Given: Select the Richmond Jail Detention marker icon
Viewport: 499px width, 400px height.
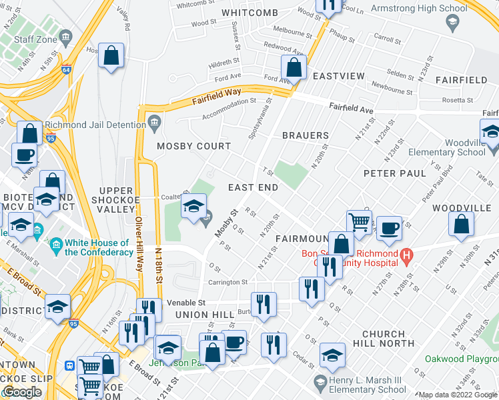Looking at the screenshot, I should coord(155,123).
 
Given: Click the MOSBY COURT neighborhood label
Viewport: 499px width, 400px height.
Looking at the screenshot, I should coord(193,146).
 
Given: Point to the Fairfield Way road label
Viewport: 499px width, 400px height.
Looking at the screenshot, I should coord(216,95).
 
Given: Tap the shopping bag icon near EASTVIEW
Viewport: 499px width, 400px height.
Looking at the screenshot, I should coord(294,67).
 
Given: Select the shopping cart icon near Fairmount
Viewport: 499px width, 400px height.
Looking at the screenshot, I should coord(359,222).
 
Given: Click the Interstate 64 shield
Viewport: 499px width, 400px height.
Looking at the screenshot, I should coord(65,69).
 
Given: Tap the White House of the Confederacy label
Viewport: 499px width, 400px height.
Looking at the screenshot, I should coord(97,248).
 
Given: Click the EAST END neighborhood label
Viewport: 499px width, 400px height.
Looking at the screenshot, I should coord(253,188).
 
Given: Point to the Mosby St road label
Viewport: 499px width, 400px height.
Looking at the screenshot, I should coord(226,224).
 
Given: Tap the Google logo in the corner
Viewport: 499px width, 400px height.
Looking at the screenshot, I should coord(22,392).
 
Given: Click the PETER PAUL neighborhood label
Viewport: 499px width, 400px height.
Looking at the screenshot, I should coord(394,173).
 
